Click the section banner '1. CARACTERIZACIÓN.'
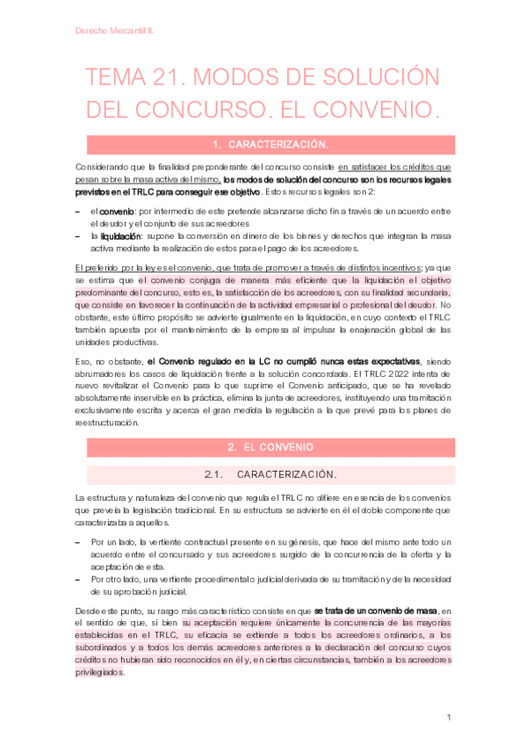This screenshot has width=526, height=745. tap(263, 144)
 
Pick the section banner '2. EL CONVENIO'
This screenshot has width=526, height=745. tap(263, 447)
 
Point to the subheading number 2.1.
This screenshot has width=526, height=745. tap(215, 474)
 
